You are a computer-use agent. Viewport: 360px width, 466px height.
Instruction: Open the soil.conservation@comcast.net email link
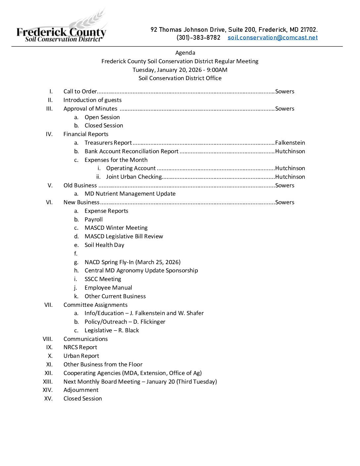coord(272,38)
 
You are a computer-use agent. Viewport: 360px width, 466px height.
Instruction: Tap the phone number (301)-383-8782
coord(198,38)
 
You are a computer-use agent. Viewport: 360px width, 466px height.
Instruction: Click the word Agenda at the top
coord(185,53)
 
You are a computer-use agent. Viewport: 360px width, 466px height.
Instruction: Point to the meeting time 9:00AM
coord(217,70)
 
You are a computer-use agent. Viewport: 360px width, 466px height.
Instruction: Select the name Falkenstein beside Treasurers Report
coord(290,143)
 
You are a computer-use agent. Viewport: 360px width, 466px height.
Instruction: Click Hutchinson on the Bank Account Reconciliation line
coord(290,151)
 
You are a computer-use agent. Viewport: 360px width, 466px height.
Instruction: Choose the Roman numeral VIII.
coord(48,339)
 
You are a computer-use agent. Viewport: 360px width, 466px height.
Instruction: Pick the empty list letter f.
coord(76,254)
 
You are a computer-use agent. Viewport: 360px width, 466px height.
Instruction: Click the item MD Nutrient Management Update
coord(130,194)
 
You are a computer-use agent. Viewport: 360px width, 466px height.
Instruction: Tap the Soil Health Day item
coord(104,245)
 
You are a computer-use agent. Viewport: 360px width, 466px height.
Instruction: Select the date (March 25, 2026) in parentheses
coord(158,262)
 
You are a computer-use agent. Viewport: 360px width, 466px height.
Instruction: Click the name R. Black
coord(129,330)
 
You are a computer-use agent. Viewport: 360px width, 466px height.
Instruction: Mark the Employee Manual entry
coord(108,288)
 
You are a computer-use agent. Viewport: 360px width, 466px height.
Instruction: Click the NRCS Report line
coord(80,347)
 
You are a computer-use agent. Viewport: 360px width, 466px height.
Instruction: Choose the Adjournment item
coord(81,390)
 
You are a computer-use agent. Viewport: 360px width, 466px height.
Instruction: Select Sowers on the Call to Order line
coord(285,91)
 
